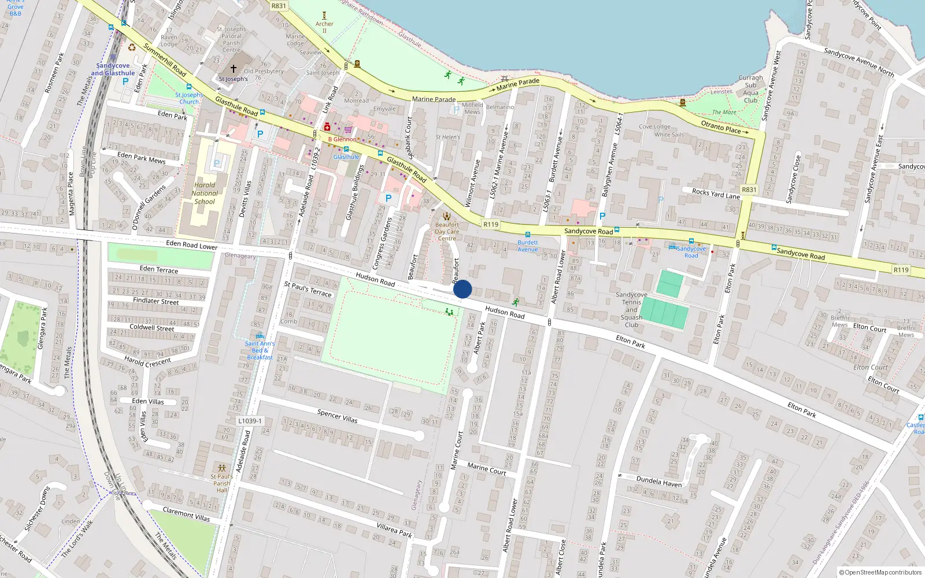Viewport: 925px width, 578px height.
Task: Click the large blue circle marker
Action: pos(462,289)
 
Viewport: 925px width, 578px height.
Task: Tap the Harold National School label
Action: pos(205,194)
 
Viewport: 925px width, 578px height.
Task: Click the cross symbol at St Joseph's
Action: pos(234,69)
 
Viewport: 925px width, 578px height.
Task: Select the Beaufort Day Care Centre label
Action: pos(447,231)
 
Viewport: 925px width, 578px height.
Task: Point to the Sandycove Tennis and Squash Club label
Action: pos(631,310)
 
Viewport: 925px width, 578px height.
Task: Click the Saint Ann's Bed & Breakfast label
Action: pos(260,350)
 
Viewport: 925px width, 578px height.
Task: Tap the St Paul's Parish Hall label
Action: pos(221,484)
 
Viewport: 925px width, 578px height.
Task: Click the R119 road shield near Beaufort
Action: pos(491,224)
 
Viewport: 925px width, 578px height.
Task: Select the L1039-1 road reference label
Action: pos(250,421)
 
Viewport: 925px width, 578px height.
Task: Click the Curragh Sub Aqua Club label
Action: pos(750,88)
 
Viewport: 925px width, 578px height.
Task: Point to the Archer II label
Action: pos(324,27)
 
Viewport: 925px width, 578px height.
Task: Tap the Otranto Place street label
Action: pos(721,127)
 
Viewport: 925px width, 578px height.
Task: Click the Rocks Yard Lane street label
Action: pos(716,194)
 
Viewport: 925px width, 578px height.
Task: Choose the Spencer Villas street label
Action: pos(338,416)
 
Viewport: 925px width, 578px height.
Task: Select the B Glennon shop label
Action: pos(342,139)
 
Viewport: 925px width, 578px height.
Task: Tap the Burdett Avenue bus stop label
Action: pos(527,246)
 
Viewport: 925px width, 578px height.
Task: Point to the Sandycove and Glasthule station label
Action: pos(113,69)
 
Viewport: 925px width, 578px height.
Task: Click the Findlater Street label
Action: pos(156,301)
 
